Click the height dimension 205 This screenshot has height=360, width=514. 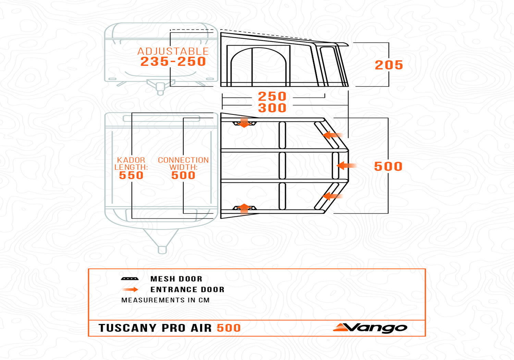pyautogui.click(x=389, y=65)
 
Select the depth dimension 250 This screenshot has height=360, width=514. pyautogui.click(x=272, y=96)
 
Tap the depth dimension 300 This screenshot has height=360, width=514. pyautogui.click(x=272, y=108)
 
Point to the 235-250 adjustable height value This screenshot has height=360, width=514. pyautogui.click(x=173, y=61)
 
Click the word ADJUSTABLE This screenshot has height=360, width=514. pyautogui.click(x=173, y=51)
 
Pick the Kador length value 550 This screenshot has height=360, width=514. pyautogui.click(x=131, y=176)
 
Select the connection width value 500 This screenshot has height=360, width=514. pyautogui.click(x=183, y=176)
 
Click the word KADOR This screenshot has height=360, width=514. pyautogui.click(x=131, y=160)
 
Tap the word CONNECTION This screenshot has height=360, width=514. pyautogui.click(x=183, y=160)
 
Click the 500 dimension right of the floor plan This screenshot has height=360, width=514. pyautogui.click(x=388, y=166)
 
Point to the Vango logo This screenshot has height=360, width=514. pyautogui.click(x=370, y=328)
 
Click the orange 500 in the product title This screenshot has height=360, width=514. pyautogui.click(x=229, y=328)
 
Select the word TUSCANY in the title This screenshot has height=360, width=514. pyautogui.click(x=127, y=328)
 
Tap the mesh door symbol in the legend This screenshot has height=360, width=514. pyautogui.click(x=130, y=279)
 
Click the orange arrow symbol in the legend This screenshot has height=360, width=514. pyautogui.click(x=130, y=289)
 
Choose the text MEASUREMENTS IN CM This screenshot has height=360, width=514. pyautogui.click(x=166, y=300)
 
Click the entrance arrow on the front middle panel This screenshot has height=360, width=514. pyautogui.click(x=346, y=166)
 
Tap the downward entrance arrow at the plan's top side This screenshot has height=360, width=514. pyautogui.click(x=244, y=122)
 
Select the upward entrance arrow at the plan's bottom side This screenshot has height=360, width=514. pyautogui.click(x=244, y=209)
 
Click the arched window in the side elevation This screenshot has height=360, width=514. pyautogui.click(x=259, y=67)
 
